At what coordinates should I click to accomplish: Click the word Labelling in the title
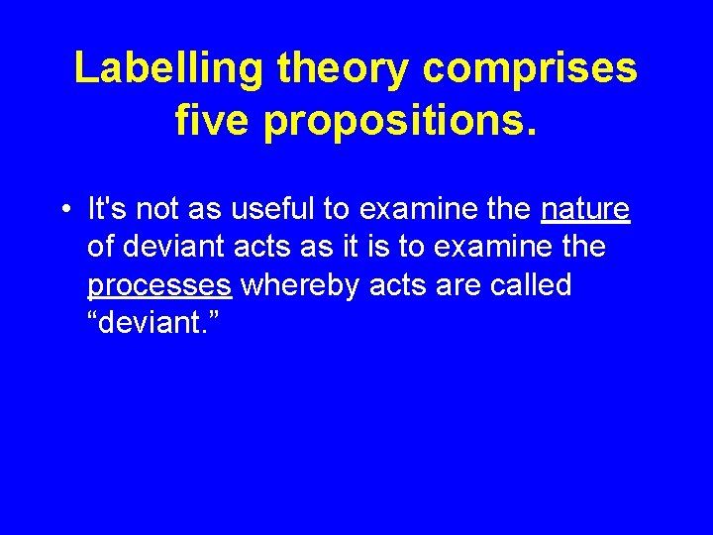pyautogui.click(x=170, y=69)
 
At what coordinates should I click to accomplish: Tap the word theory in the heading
pyautogui.click(x=344, y=69)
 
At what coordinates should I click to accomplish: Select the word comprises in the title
pyautogui.click(x=530, y=69)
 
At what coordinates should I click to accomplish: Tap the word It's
pyautogui.click(x=107, y=210)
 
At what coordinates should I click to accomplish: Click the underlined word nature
pyautogui.click(x=585, y=210)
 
